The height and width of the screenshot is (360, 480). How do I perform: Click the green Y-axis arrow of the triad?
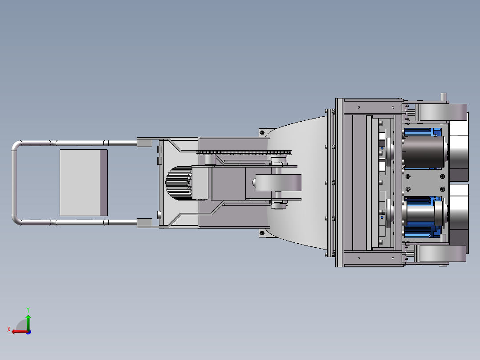pyautogui.click(x=28, y=322)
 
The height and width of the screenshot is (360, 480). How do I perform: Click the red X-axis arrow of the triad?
pyautogui.click(x=20, y=331)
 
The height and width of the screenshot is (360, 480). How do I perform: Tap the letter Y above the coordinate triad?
pyautogui.click(x=28, y=310)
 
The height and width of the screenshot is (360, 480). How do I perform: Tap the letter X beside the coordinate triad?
pyautogui.click(x=9, y=329)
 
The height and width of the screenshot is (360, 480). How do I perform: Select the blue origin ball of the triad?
pyautogui.click(x=28, y=332)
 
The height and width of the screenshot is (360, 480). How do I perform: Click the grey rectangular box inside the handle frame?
pyautogui.click(x=84, y=183)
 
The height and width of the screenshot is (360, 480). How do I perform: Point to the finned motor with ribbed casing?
pyautogui.click(x=179, y=183)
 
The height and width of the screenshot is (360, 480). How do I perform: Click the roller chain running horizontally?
pyautogui.click(x=244, y=152)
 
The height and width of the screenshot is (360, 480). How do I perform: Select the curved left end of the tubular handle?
pyautogui.click(x=14, y=183)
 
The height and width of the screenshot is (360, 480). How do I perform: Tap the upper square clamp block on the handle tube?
pyautogui.click(x=144, y=143)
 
